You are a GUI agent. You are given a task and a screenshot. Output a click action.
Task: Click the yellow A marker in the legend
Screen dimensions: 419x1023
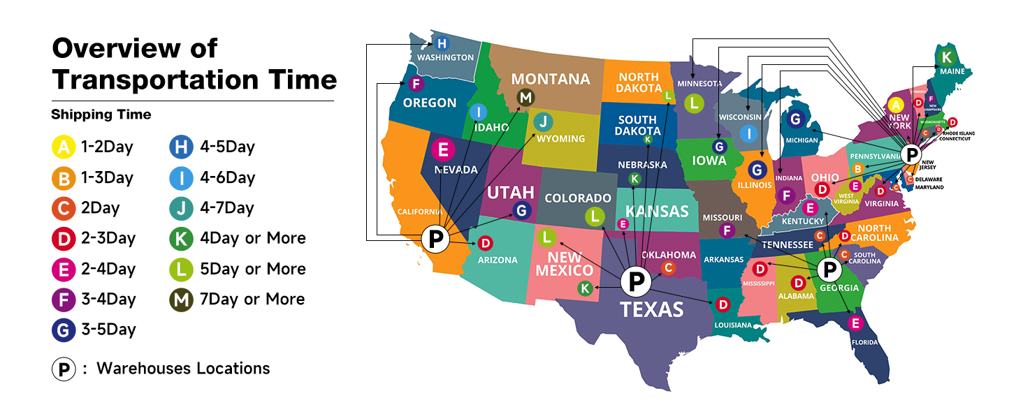tap(63, 147)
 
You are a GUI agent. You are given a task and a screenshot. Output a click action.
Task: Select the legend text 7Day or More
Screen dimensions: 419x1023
tap(252, 299)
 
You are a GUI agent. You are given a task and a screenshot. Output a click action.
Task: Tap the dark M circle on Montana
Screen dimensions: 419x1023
tap(525, 98)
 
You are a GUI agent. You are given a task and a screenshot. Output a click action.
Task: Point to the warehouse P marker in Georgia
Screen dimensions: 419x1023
tap(829, 269)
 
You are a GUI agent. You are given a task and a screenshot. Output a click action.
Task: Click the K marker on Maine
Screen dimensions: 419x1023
tap(946, 57)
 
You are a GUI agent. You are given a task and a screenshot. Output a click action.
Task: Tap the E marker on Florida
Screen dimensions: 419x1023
tap(854, 323)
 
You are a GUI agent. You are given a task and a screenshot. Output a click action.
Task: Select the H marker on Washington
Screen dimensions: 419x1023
tap(442, 43)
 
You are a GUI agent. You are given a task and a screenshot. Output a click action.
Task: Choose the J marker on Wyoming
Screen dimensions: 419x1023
tap(543, 122)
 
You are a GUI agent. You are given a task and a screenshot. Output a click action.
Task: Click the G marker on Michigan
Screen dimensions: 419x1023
tap(795, 119)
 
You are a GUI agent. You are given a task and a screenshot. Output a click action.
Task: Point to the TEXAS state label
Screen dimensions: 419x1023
tap(652, 309)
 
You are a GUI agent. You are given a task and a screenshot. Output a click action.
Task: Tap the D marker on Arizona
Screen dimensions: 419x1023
tap(486, 243)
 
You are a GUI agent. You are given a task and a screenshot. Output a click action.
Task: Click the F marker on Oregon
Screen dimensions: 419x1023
tap(415, 84)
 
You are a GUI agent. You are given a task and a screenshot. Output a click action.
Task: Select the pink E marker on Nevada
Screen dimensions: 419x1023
tap(443, 149)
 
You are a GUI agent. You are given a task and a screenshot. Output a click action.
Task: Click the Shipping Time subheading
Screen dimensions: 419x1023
tap(101, 115)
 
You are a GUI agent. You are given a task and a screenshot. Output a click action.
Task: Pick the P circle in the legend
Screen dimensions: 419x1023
tap(63, 369)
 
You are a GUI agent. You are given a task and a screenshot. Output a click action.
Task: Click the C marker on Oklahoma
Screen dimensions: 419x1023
tap(668, 267)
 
